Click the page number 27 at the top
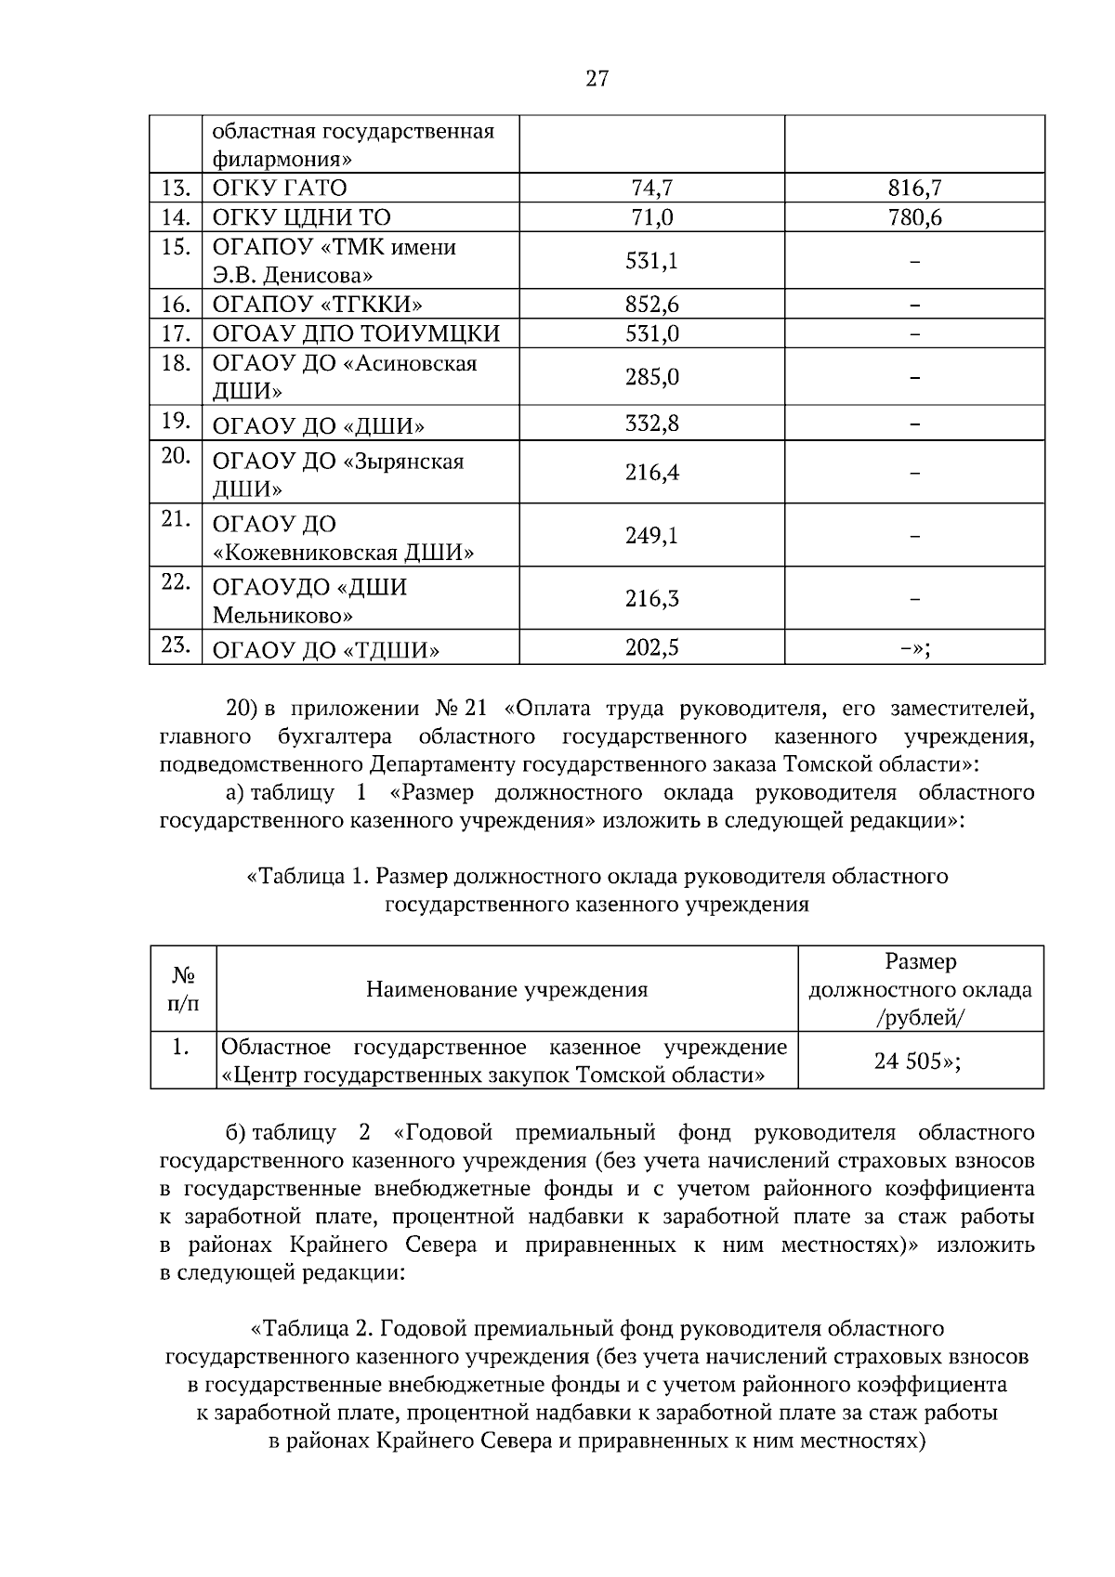597,78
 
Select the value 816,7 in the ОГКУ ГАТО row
914,189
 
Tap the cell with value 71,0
651,217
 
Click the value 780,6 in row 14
914,217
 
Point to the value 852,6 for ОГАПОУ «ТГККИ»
651,305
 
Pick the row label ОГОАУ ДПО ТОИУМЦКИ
356,333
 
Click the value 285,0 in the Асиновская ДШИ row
651,377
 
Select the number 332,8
651,424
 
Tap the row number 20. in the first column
176,455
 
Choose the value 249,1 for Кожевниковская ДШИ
651,536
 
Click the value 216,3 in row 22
651,599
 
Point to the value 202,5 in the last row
651,647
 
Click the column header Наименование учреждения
506,989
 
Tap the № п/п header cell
183,989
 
